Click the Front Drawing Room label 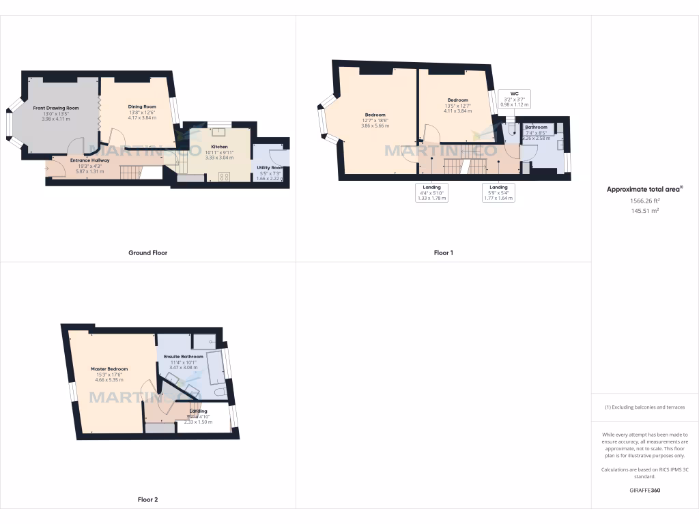(x=56, y=108)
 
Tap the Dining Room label (x=142, y=106)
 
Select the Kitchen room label (x=219, y=147)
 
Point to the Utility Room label (x=270, y=167)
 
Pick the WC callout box (x=514, y=99)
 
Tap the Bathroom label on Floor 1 (x=536, y=128)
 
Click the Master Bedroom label (x=109, y=369)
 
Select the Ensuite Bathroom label (x=183, y=357)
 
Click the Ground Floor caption (x=147, y=252)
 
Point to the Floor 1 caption (x=444, y=252)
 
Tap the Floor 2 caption (x=147, y=499)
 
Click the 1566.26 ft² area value (x=644, y=201)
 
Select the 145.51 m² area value (x=644, y=211)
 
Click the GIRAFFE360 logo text (x=644, y=490)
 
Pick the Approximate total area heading (x=644, y=189)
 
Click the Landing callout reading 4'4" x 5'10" (x=431, y=193)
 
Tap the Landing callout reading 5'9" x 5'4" (x=498, y=193)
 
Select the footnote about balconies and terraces (x=644, y=407)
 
